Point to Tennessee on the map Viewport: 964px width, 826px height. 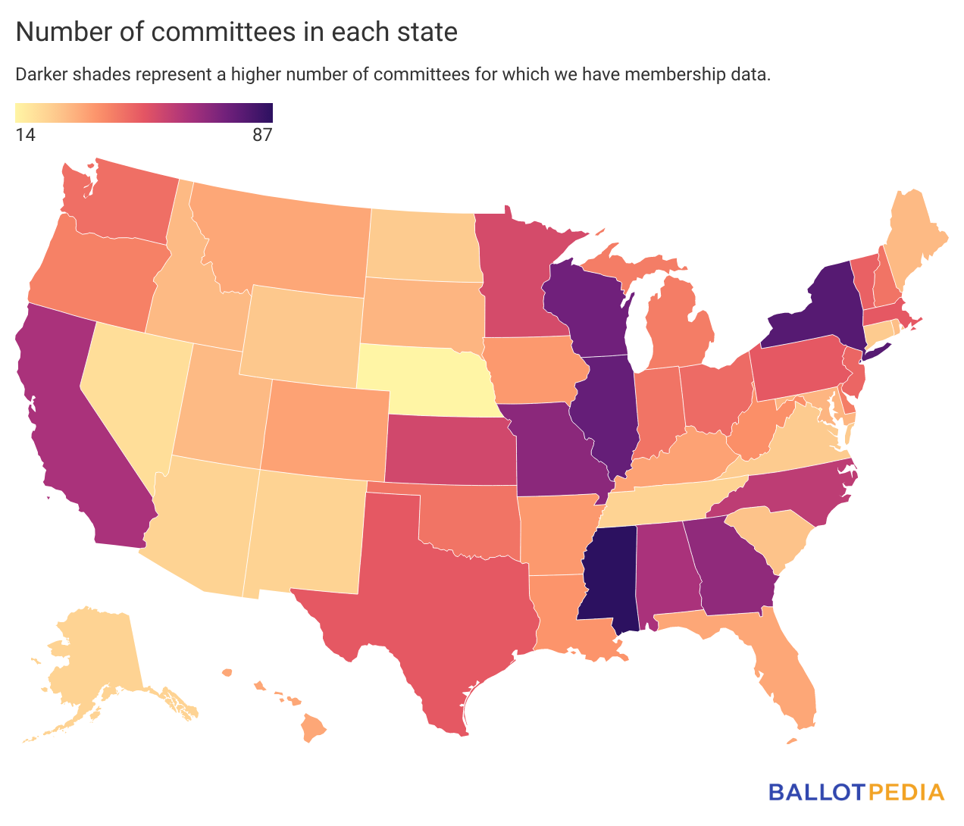[667, 504]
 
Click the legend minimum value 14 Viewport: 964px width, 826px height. [25, 136]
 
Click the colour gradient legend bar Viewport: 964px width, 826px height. [144, 113]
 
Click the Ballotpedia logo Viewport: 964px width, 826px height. [856, 792]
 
